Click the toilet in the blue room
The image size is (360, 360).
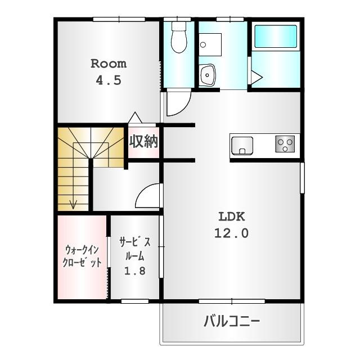[x=179, y=38]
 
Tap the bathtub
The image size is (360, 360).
[x=276, y=37]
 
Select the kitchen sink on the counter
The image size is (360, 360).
[x=242, y=146]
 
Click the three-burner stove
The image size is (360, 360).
[x=285, y=144]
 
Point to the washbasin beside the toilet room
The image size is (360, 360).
[x=207, y=75]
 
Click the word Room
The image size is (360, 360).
[x=109, y=64]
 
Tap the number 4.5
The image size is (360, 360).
[x=109, y=80]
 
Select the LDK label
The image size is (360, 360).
[x=231, y=217]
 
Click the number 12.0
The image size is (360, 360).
[x=231, y=233]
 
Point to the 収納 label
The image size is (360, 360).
[x=143, y=141]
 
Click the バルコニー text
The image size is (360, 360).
[x=232, y=321]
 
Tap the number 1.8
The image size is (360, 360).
[x=135, y=271]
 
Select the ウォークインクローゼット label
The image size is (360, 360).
[x=82, y=256]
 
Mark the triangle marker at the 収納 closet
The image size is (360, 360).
[x=135, y=118]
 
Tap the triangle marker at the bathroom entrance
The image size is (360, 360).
[x=256, y=76]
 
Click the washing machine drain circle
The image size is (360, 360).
[x=203, y=44]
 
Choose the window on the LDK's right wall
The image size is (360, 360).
[x=302, y=178]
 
